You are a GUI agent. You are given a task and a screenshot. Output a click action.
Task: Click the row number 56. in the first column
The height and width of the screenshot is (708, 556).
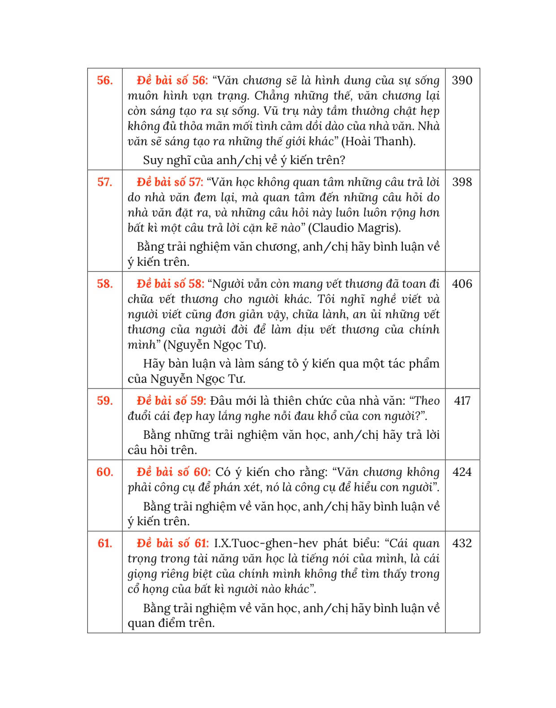[104, 81]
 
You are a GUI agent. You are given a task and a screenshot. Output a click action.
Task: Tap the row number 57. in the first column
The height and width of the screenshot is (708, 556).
[104, 182]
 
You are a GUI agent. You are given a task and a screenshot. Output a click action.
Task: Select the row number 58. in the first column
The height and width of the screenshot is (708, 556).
[104, 284]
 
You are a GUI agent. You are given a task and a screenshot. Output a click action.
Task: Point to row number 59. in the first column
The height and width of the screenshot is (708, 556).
[104, 401]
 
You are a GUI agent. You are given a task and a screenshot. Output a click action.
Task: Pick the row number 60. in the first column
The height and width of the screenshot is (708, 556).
[104, 472]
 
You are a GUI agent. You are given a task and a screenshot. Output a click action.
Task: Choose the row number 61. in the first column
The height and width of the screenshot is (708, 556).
[104, 544]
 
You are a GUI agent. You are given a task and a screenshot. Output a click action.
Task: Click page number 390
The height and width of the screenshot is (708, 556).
[462, 81]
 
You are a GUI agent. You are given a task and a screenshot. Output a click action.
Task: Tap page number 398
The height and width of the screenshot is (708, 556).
[462, 182]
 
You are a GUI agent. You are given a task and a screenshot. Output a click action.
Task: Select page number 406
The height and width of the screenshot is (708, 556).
[462, 284]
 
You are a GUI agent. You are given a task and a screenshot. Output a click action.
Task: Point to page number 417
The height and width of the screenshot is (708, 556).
[462, 401]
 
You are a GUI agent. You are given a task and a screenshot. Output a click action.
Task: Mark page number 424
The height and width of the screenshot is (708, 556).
[462, 472]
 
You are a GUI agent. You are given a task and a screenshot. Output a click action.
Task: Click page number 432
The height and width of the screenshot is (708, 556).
[462, 544]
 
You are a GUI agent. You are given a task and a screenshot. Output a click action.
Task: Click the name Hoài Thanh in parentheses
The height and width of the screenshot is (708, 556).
[378, 142]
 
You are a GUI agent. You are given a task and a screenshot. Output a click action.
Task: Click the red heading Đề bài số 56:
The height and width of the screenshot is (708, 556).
[172, 81]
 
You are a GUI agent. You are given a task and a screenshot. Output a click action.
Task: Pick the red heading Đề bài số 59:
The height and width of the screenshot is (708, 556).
[171, 401]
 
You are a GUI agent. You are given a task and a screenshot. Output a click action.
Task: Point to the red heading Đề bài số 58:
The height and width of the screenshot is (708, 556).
[170, 284]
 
